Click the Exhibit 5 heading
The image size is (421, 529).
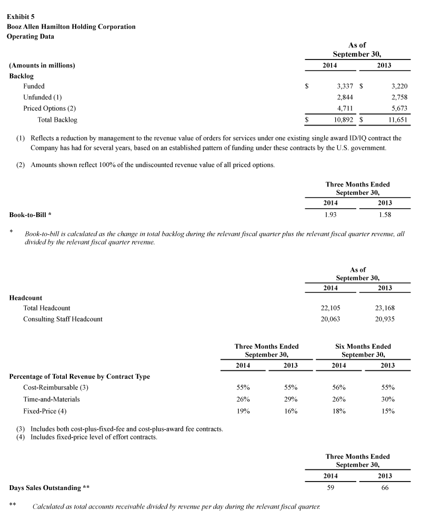tap(21, 16)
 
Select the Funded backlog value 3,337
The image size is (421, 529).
tap(345, 86)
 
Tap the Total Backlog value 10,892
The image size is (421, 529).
tap(343, 120)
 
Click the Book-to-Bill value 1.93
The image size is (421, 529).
tap(330, 214)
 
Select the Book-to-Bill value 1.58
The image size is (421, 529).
tap(385, 214)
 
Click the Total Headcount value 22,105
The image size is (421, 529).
tap(330, 308)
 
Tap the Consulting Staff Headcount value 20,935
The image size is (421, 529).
tap(385, 319)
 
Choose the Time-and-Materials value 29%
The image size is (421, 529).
tap(290, 399)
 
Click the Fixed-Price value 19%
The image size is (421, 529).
tap(243, 410)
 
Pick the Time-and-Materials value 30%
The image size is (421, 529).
tap(388, 399)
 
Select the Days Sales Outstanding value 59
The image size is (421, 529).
tap(330, 487)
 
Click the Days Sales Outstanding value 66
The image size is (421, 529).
tap(385, 487)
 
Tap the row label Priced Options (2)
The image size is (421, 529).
tap(49, 109)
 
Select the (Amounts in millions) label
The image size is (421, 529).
tap(42, 65)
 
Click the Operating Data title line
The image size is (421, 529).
tap(30, 36)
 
